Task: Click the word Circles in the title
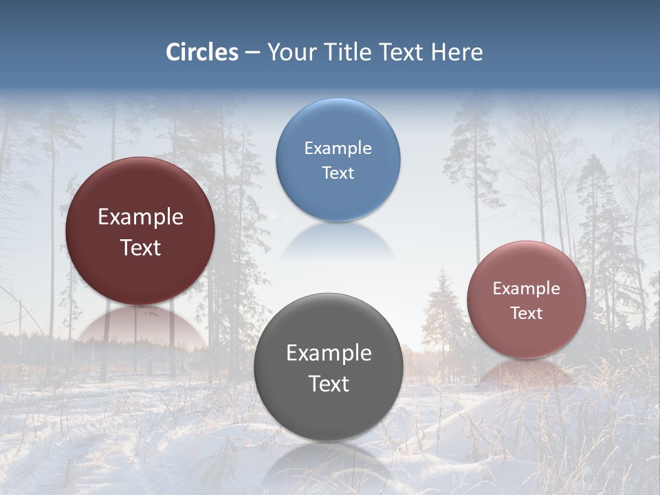click(x=202, y=52)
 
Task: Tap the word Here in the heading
click(x=457, y=52)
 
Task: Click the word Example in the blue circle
click(x=338, y=148)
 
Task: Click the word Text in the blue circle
click(x=338, y=173)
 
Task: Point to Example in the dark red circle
click(x=140, y=217)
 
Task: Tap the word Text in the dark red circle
click(x=140, y=248)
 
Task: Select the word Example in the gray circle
click(x=329, y=353)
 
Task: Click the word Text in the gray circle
click(x=329, y=384)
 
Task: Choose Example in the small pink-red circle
click(x=527, y=289)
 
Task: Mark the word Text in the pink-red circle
click(x=527, y=313)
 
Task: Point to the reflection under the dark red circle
click(x=141, y=326)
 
